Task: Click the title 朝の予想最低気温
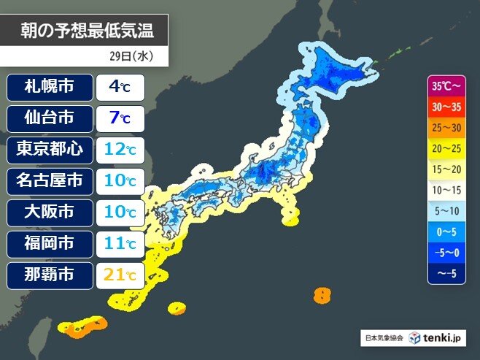87,31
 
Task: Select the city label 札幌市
50,87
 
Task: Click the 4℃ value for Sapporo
120,87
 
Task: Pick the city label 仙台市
50,118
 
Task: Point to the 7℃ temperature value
120,118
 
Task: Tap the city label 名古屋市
50,181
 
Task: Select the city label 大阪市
50,212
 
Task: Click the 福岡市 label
50,244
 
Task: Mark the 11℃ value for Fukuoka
120,244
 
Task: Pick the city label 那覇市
50,276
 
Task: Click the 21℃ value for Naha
120,276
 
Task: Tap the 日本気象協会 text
384,338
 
